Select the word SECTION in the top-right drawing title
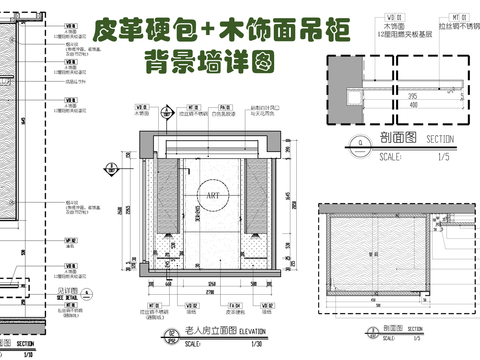pyautogui.click(x=440, y=141)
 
